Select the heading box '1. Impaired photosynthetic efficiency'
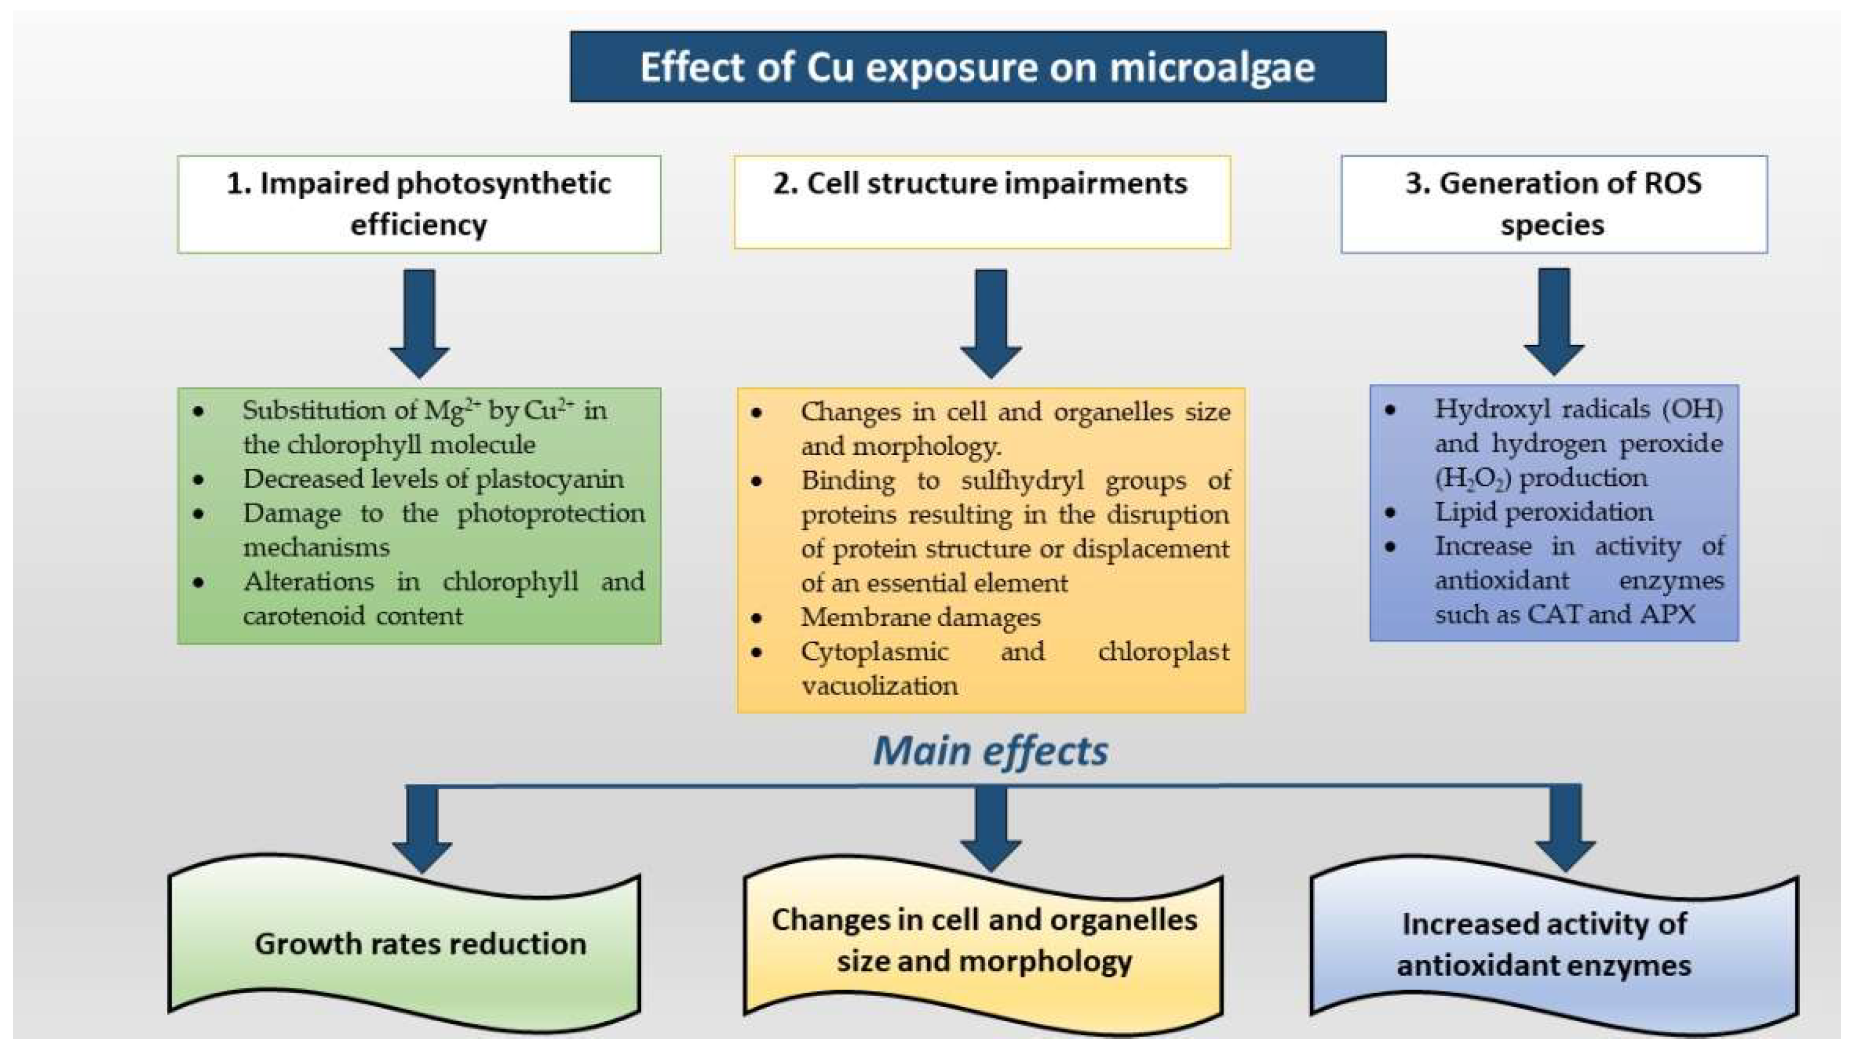(x=419, y=204)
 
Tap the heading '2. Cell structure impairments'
(x=980, y=184)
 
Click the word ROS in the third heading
(x=1672, y=183)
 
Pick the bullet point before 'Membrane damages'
(x=756, y=618)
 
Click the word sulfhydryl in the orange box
(x=1022, y=481)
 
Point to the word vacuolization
(x=879, y=686)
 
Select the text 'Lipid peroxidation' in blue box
(x=1544, y=512)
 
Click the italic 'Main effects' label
(x=990, y=751)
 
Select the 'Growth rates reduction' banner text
(x=420, y=943)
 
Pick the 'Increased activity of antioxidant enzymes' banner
(x=1544, y=944)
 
